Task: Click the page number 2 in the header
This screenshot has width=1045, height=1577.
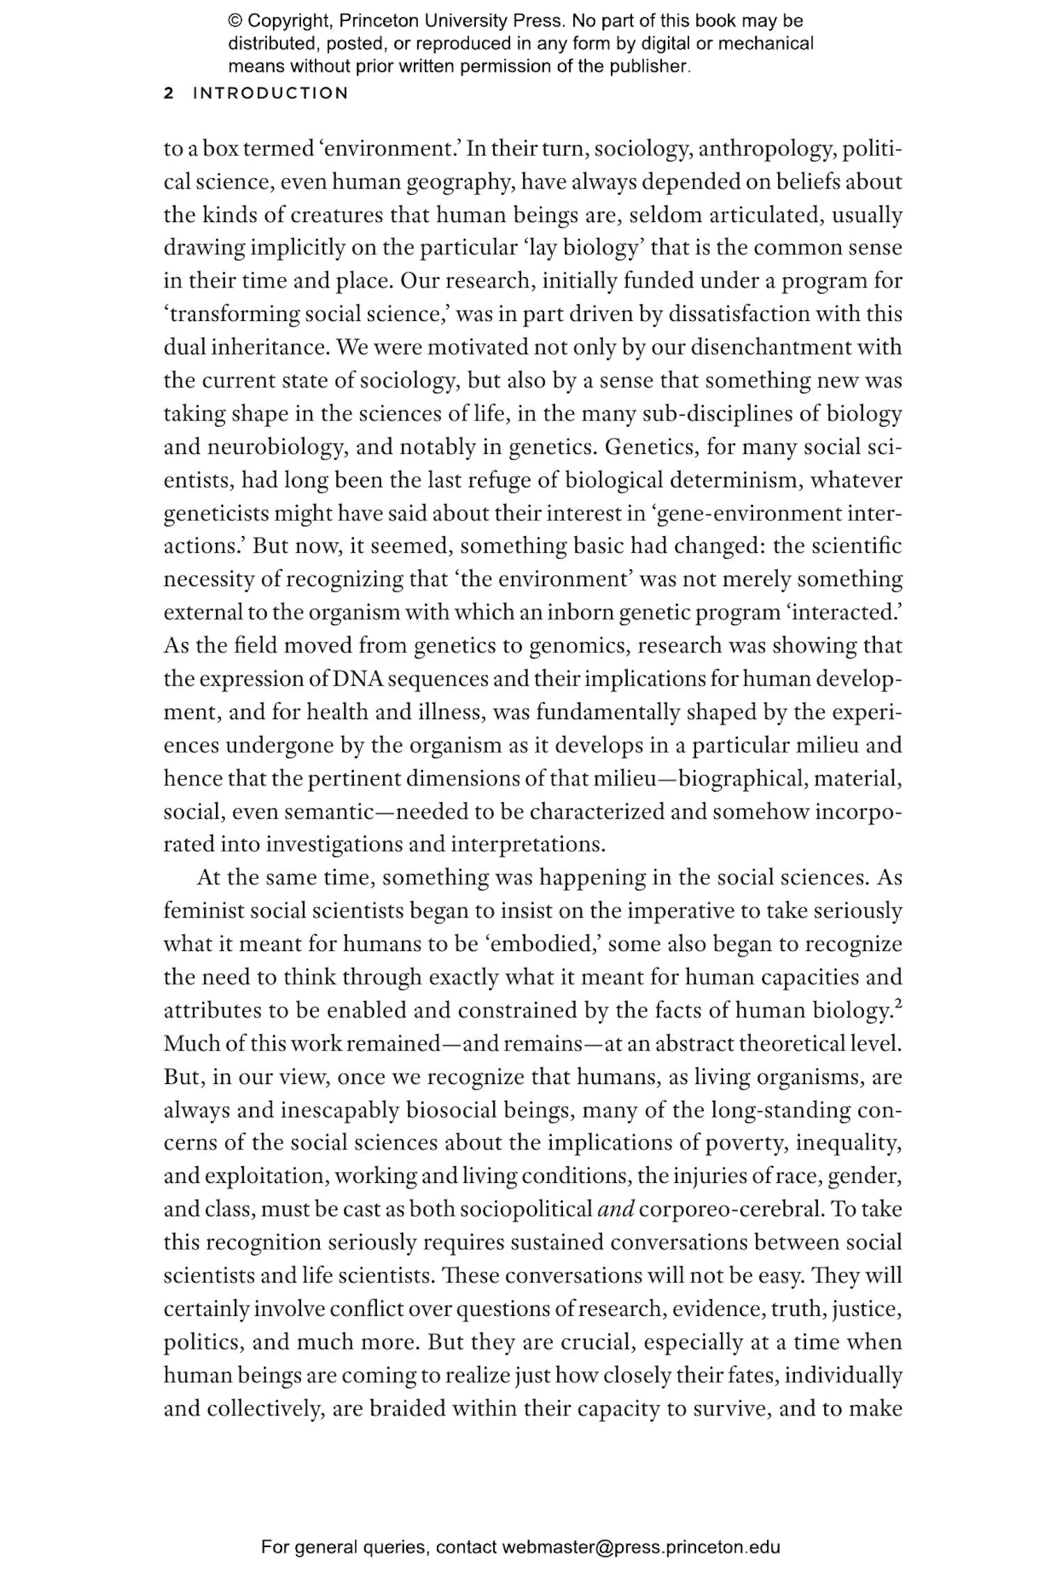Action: pos(168,93)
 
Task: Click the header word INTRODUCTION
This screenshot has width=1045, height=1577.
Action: pos(270,93)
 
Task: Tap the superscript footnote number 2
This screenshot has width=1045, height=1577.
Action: pos(898,1004)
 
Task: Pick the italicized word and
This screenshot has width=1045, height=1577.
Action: pos(616,1209)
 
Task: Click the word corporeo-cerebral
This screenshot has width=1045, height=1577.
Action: pos(731,1209)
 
